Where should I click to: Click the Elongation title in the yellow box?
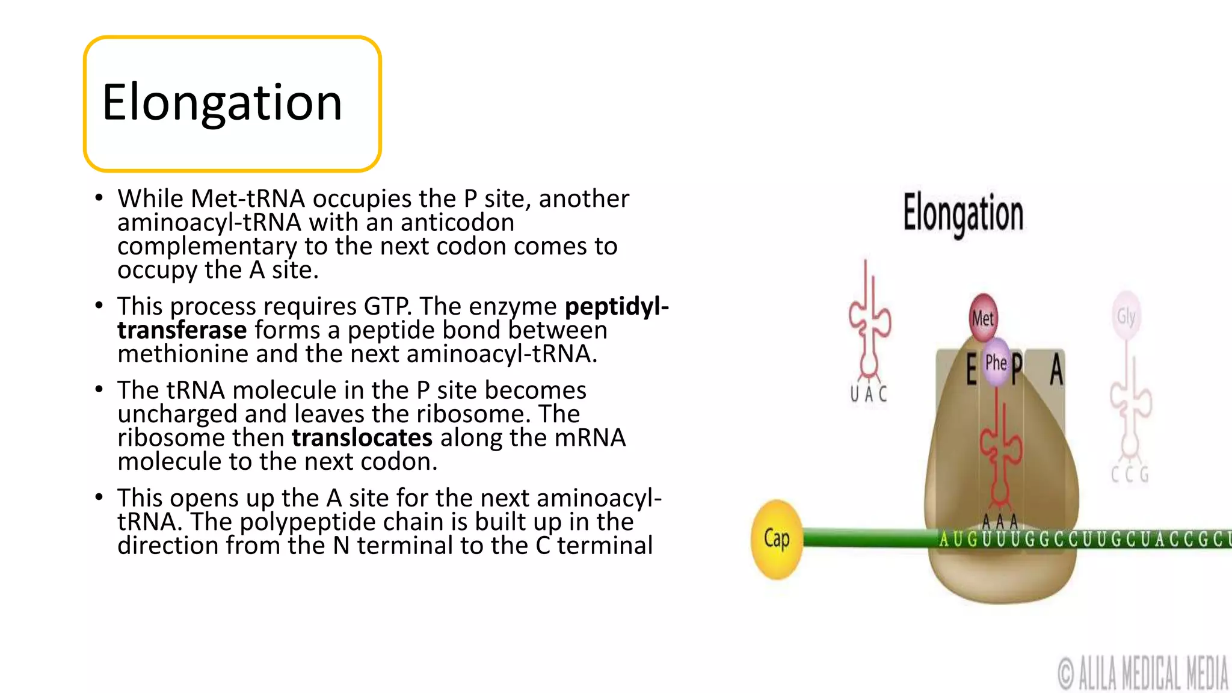pos(223,103)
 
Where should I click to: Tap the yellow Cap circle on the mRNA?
pos(777,539)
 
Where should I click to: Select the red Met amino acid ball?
pos(983,318)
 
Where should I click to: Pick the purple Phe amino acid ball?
pos(996,362)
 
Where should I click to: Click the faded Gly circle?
pos(1126,316)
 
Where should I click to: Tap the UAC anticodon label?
pos(868,394)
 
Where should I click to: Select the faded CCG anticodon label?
pos(1130,475)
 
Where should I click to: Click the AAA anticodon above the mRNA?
pos(1000,521)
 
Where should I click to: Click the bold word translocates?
pos(362,437)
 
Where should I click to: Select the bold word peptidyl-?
pos(617,306)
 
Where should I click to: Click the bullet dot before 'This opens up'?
pos(99,497)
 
